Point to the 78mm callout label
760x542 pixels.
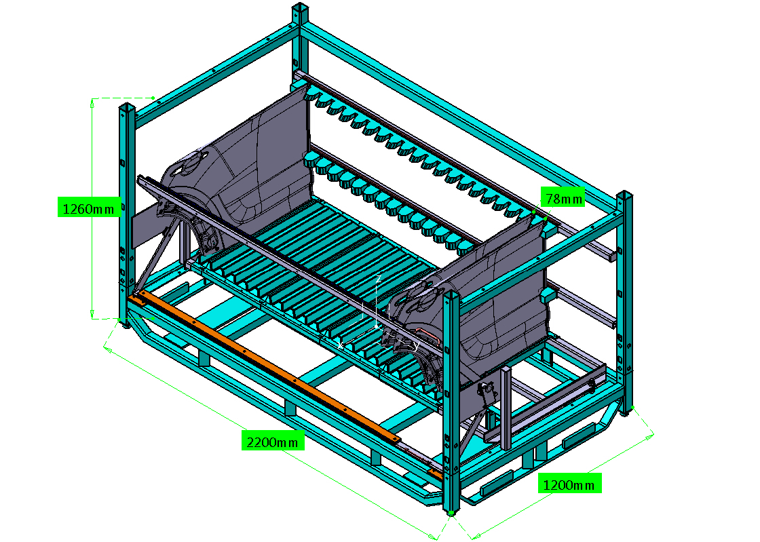tap(563, 197)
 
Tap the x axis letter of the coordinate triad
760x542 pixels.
tap(341, 345)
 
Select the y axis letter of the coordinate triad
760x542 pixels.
tap(415, 345)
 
